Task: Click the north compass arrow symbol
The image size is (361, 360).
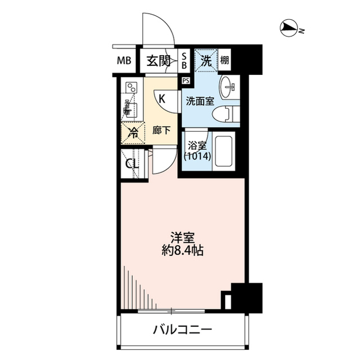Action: coord(289,28)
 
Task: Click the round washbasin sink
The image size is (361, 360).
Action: coord(229,86)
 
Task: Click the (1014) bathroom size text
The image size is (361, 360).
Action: coord(197,158)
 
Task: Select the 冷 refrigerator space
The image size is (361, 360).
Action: coord(133,134)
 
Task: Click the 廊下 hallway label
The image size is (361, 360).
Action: coord(162,131)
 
